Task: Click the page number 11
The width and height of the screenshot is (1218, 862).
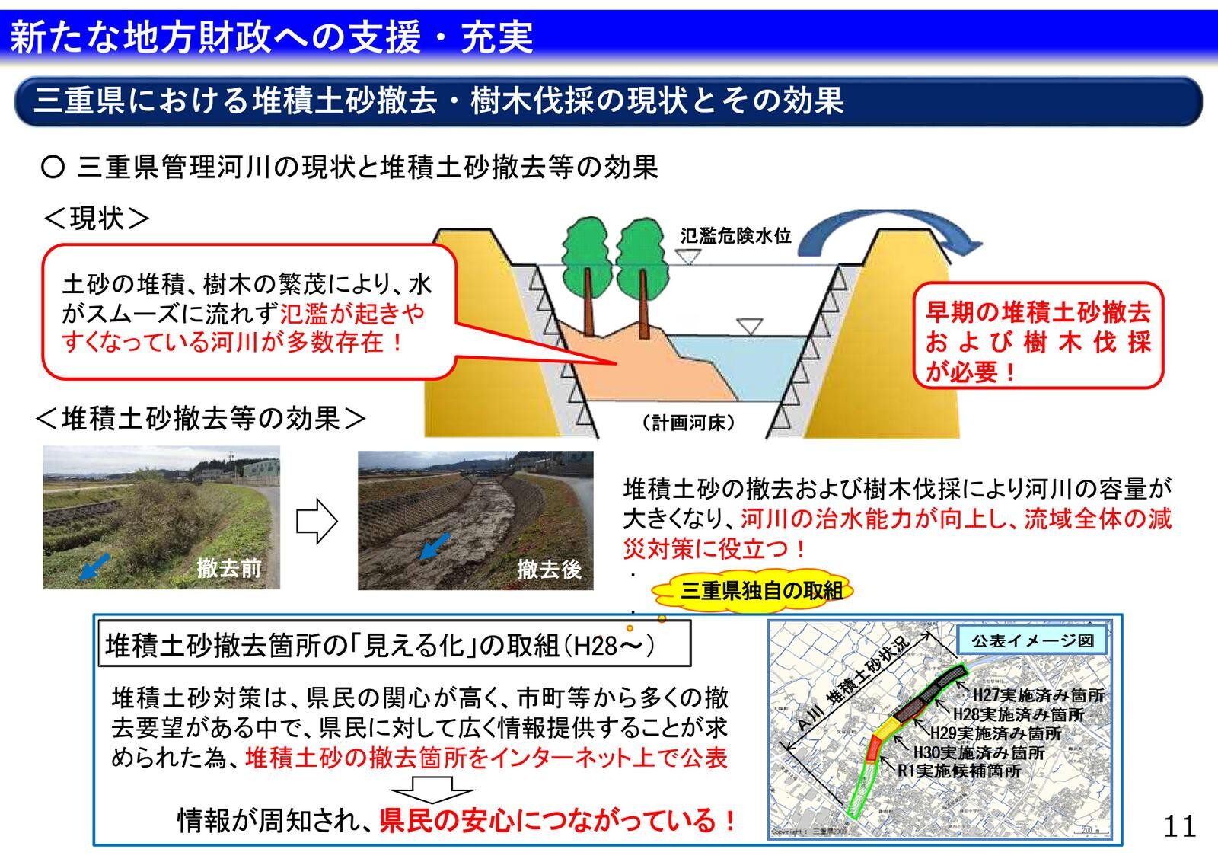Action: pos(1179,825)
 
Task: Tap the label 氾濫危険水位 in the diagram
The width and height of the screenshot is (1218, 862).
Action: pos(735,235)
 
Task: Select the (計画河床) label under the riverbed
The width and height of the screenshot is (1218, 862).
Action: pos(689,423)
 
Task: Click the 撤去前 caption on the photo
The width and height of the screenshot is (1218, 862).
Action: pos(228,568)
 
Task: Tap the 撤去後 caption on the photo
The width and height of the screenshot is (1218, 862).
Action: pos(548,569)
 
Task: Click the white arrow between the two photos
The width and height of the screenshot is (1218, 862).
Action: pos(317,522)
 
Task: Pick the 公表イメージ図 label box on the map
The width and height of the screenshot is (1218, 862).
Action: pos(1031,640)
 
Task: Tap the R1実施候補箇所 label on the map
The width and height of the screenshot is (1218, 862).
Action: pos(958,771)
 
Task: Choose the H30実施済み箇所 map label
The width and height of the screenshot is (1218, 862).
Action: pos(979,752)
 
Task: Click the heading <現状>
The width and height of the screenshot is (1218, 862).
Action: pos(96,219)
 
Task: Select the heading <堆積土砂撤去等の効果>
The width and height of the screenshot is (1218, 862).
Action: pos(201,418)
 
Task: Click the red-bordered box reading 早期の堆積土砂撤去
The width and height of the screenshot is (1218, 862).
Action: pos(1038,335)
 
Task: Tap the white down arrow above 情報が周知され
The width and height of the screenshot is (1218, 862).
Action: pos(426,789)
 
